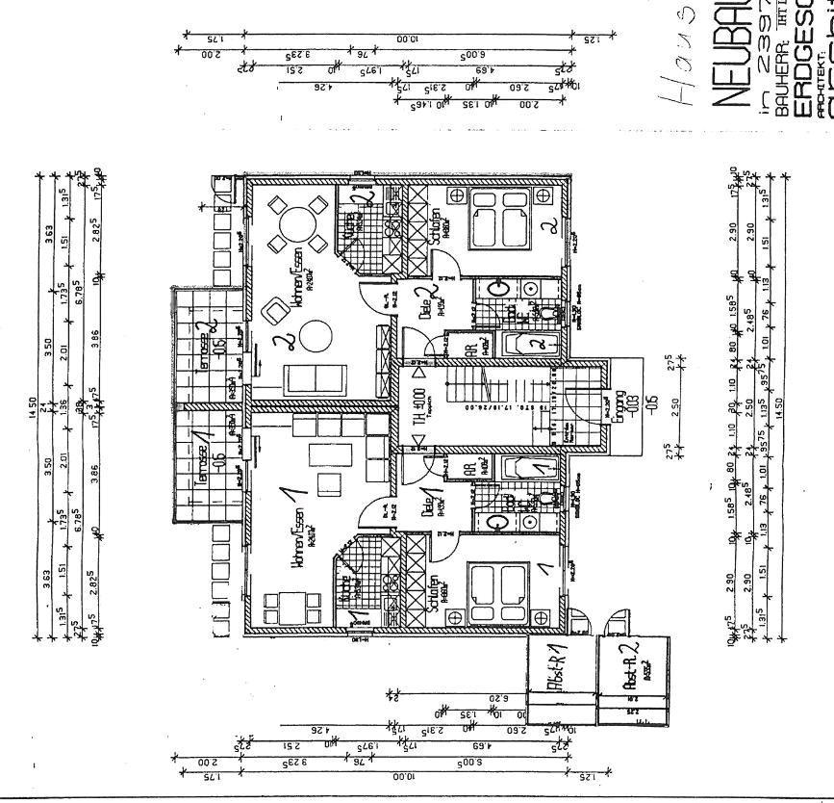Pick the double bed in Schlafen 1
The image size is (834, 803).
click(497, 587)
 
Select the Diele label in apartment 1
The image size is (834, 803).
click(425, 505)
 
